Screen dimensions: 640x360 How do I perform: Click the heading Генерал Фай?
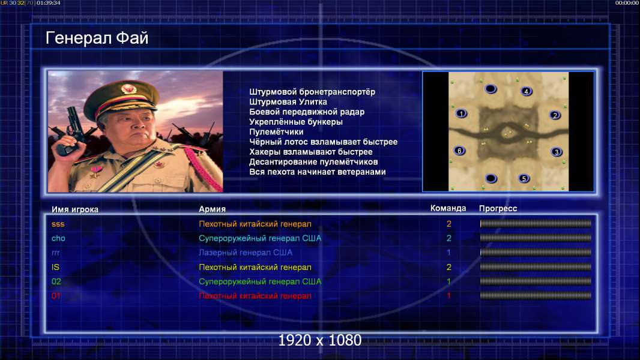coord(97,38)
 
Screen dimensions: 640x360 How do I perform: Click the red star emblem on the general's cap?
coord(128,88)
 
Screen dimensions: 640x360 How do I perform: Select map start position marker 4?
coord(526,91)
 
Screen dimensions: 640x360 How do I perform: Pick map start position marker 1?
coord(461,113)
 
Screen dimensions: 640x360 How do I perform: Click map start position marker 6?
coord(460,151)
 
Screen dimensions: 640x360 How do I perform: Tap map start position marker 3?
coord(557,152)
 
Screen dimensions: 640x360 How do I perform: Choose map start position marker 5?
coord(524,179)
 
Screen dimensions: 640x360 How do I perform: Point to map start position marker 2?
coord(555,115)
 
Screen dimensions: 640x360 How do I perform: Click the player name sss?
coord(58,224)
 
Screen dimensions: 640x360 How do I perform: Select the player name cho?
coord(58,238)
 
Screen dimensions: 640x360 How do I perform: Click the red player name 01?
coord(56,296)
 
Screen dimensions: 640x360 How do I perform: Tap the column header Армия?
coord(213,209)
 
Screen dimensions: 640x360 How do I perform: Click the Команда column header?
coord(448,208)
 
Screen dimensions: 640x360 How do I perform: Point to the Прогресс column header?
coord(498,209)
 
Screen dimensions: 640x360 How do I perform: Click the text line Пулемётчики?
coord(276,131)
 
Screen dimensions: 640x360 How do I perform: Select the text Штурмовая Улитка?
coord(288,102)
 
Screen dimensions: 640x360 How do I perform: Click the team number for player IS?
coord(449,267)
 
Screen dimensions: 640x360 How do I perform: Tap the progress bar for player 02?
coord(536,281)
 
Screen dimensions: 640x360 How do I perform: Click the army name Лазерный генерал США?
coord(246,253)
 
